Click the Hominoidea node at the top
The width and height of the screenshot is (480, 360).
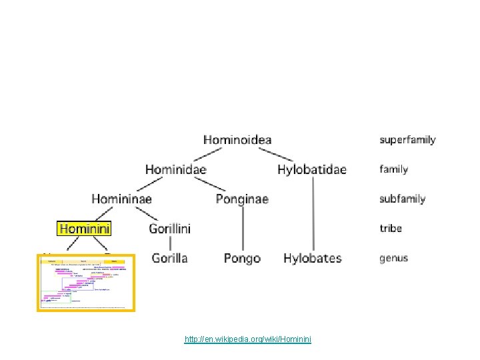click(x=237, y=140)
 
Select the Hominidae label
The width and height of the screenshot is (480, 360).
click(x=176, y=169)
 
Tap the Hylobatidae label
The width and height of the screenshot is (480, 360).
click(x=312, y=169)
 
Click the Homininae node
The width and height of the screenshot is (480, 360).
click(x=121, y=199)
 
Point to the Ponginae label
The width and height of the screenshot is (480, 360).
click(x=242, y=199)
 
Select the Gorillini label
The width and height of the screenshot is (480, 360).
click(x=169, y=229)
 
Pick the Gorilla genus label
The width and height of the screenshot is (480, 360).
click(x=169, y=258)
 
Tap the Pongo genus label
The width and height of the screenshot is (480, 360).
click(x=242, y=258)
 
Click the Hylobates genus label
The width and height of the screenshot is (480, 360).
click(x=312, y=258)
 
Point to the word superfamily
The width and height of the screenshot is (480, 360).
click(x=407, y=140)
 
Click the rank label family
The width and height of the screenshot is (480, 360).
click(x=393, y=169)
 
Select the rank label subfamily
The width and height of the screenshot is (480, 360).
click(x=402, y=199)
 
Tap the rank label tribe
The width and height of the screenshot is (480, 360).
click(x=391, y=228)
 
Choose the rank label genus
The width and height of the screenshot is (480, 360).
click(x=395, y=258)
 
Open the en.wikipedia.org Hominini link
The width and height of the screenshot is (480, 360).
click(x=247, y=340)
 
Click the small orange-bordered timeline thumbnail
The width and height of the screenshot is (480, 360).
click(x=86, y=283)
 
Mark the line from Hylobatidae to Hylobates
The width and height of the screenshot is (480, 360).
click(x=312, y=213)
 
